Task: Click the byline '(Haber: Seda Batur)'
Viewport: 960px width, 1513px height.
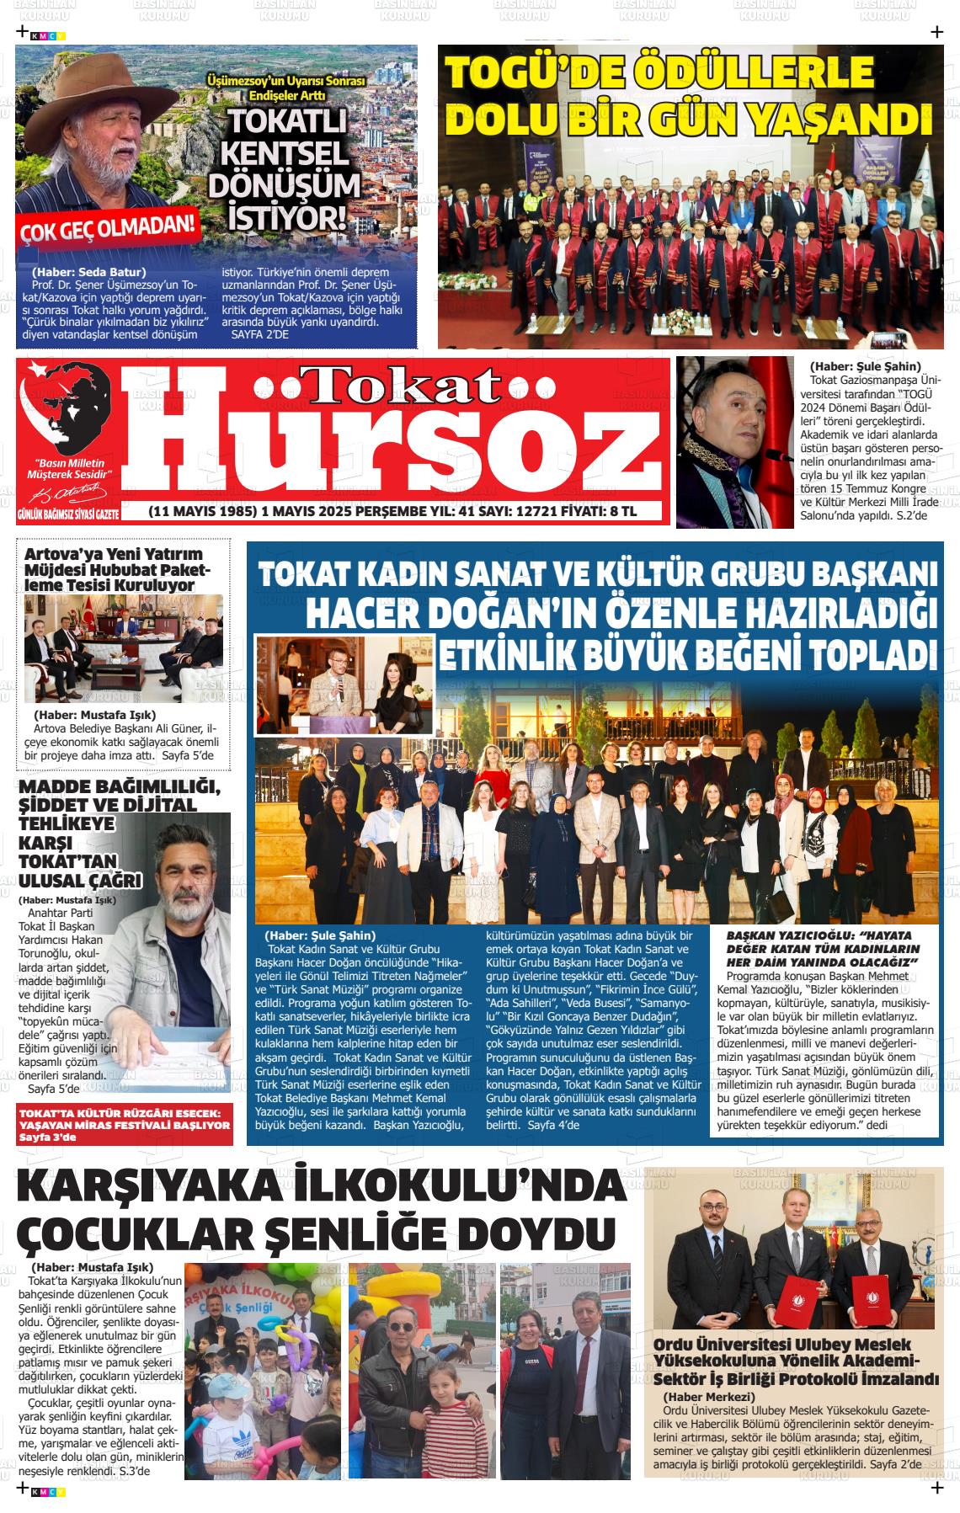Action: [88, 272]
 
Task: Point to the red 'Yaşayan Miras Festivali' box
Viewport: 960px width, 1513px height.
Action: [125, 1125]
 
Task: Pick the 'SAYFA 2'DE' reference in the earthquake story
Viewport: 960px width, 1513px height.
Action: [259, 335]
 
